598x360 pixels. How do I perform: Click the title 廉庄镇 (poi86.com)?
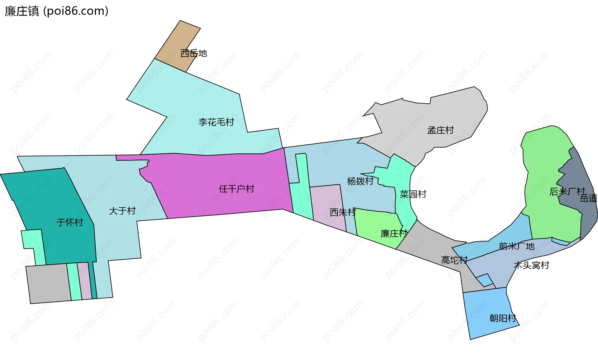[56, 11]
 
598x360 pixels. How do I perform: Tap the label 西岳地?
[193, 53]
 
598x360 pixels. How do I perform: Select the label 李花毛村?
[216, 122]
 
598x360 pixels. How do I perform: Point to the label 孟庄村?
[440, 130]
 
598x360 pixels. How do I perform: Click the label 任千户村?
[236, 189]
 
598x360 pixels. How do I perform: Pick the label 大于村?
[122, 211]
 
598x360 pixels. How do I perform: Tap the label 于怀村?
[70, 222]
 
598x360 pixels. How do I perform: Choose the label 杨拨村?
[360, 181]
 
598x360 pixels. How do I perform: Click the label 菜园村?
[413, 194]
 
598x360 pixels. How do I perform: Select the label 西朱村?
[343, 212]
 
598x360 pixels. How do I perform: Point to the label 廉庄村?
[394, 233]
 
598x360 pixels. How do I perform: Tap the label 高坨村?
[454, 260]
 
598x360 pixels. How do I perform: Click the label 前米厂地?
[516, 246]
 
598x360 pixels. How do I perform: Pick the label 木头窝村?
[531, 265]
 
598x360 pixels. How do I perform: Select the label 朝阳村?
[503, 318]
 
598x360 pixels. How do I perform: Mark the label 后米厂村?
[567, 191]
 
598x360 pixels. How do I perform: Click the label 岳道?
[588, 198]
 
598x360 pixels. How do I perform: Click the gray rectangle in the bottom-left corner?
[48, 284]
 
